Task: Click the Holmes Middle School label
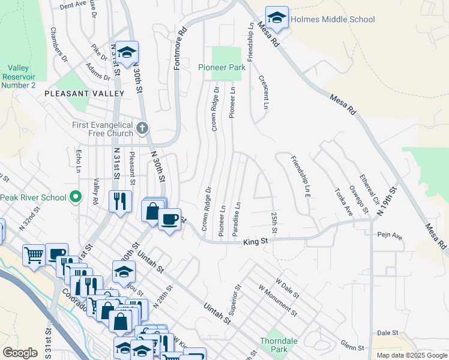coord(333,19)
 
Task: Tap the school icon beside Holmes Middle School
coord(277,19)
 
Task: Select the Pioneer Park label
coord(221,68)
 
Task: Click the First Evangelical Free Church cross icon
coord(142,128)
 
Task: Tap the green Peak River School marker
coord(76,197)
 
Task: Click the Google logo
coord(20,353)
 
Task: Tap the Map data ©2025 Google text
coord(412,355)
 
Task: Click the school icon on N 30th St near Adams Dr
coord(127,53)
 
